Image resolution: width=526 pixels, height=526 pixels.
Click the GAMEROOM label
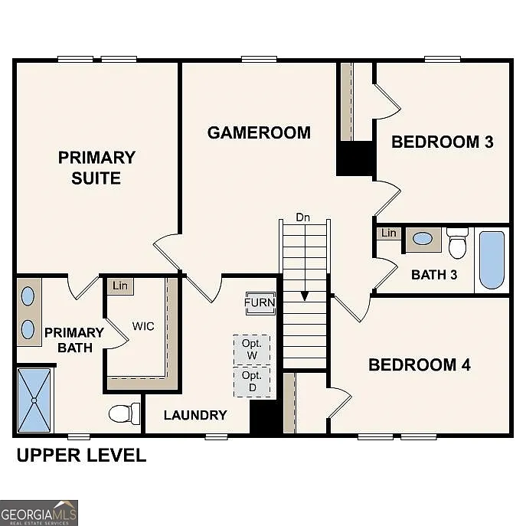[259, 132]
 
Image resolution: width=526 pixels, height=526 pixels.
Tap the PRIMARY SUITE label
[96, 168]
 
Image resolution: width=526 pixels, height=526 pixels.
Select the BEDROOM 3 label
[442, 142]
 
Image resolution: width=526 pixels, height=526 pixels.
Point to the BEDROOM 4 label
[419, 364]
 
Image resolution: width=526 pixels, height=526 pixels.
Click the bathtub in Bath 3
[492, 260]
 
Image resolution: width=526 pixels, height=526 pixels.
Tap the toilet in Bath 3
[458, 243]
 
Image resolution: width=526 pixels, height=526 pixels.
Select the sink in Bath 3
[422, 239]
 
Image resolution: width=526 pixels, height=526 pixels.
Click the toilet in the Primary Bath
[124, 413]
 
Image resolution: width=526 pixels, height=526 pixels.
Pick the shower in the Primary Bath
[34, 400]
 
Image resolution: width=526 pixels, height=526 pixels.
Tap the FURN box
[260, 302]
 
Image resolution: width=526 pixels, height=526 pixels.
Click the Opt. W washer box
[252, 350]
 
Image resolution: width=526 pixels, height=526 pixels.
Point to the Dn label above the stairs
[303, 217]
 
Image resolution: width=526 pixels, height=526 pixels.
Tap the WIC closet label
[143, 326]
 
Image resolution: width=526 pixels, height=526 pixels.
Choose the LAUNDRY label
[195, 415]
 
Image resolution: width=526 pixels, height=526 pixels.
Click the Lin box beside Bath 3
[389, 233]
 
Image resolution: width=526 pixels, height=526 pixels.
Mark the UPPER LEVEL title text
[81, 456]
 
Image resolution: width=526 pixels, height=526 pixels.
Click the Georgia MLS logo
[38, 512]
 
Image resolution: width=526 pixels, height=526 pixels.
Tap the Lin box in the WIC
[120, 286]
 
